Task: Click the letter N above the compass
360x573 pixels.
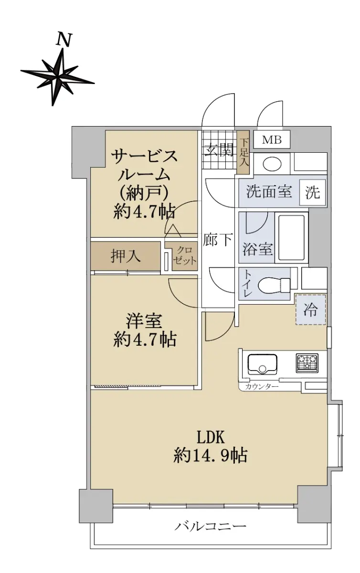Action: pyautogui.click(x=64, y=40)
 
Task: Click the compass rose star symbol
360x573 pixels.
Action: pyautogui.click(x=58, y=77)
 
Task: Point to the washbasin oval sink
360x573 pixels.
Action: pyautogui.click(x=272, y=163)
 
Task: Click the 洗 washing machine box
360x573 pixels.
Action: pyautogui.click(x=313, y=192)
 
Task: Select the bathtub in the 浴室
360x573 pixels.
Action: pyautogui.click(x=292, y=237)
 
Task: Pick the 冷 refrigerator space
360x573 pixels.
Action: pyautogui.click(x=311, y=309)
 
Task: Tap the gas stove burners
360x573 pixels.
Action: pyautogui.click(x=307, y=363)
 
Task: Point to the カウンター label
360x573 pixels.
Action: pyautogui.click(x=262, y=386)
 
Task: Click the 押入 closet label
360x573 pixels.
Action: pyautogui.click(x=126, y=255)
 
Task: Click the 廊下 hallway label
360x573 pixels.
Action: pyautogui.click(x=218, y=239)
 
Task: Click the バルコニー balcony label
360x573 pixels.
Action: pyautogui.click(x=211, y=526)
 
